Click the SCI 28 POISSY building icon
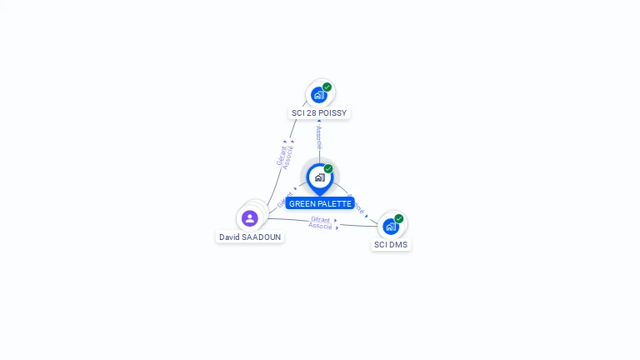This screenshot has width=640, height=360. click(x=318, y=95)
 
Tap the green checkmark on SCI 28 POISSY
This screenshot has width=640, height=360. click(x=327, y=87)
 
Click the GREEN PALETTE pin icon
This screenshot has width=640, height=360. click(x=319, y=177)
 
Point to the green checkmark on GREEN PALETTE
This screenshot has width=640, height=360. click(x=328, y=168)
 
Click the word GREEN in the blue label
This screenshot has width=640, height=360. click(x=302, y=204)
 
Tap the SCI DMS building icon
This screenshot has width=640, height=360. click(x=390, y=226)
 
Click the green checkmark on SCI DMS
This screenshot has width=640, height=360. click(x=399, y=218)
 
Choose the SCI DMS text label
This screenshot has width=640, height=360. click(x=391, y=245)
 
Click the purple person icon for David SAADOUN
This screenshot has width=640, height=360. click(x=249, y=218)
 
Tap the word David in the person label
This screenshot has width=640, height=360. click(x=230, y=237)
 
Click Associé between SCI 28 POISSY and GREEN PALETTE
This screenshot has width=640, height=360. click(x=318, y=137)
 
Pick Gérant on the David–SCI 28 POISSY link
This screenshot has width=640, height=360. click(x=281, y=154)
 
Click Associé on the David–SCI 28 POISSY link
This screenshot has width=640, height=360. click(x=288, y=157)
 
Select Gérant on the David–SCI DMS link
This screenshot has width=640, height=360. click(x=321, y=219)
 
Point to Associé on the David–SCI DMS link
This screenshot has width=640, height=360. click(x=321, y=226)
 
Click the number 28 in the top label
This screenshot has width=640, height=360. click(x=310, y=113)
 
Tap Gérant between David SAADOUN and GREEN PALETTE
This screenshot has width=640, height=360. click(x=284, y=199)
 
